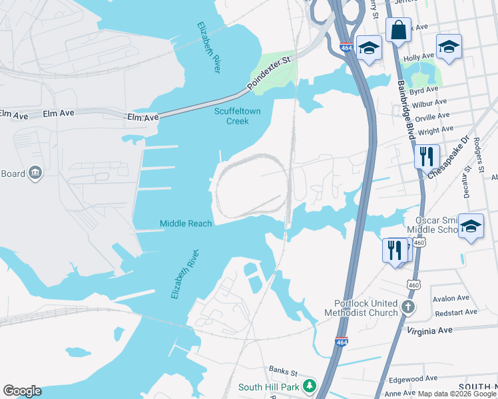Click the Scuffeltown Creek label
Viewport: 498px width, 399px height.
click(x=231, y=116)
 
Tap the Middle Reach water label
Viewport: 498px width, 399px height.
click(x=186, y=223)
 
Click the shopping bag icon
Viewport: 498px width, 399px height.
click(x=398, y=30)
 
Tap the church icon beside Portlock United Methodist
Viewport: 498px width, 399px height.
click(x=409, y=307)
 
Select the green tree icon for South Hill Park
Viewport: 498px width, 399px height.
click(x=309, y=386)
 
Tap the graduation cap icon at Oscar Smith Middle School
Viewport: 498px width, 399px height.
click(x=471, y=227)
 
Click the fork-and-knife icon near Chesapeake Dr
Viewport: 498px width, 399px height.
click(x=426, y=158)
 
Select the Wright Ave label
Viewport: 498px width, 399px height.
click(x=436, y=130)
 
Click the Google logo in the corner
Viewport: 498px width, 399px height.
click(x=22, y=391)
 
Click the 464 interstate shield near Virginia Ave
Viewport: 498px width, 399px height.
click(x=342, y=342)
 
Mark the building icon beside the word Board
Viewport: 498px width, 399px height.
click(x=35, y=174)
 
